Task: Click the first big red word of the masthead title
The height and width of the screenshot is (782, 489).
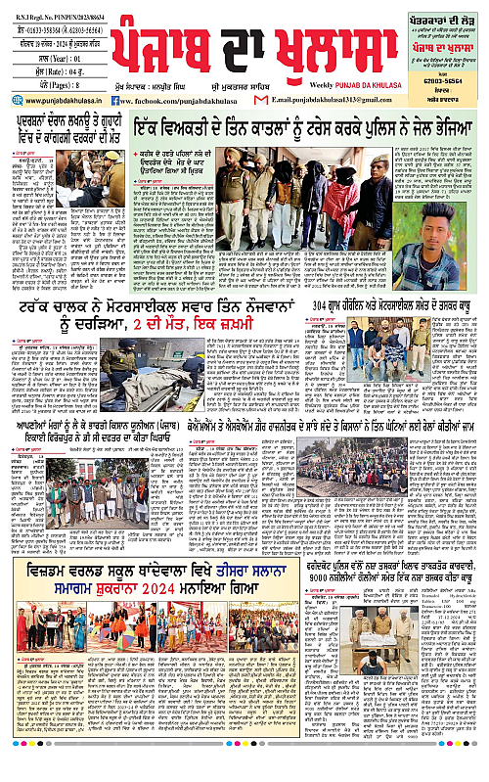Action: coord(162,50)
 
